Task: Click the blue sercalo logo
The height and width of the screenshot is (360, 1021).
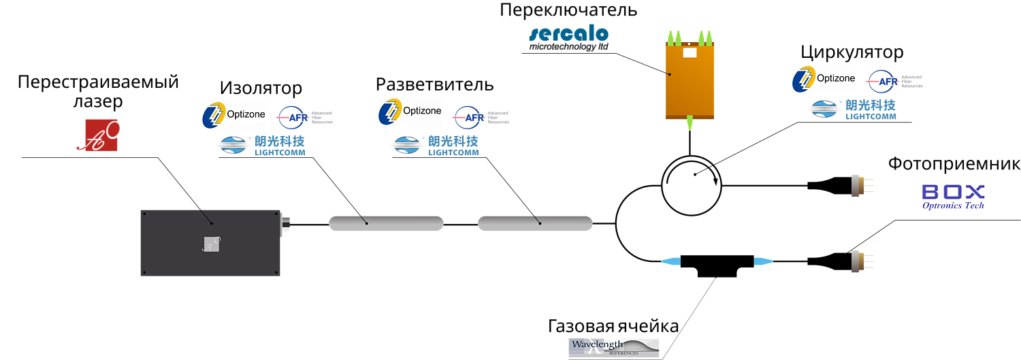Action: pyautogui.click(x=568, y=34)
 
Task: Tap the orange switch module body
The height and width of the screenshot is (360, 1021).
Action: pyautogui.click(x=690, y=85)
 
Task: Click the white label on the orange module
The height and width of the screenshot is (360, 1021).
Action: pyautogui.click(x=690, y=52)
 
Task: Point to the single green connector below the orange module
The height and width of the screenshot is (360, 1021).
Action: pyautogui.click(x=690, y=122)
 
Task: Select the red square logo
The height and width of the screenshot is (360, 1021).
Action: pyautogui.click(x=97, y=135)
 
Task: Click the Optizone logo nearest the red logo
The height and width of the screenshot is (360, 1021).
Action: pyautogui.click(x=239, y=116)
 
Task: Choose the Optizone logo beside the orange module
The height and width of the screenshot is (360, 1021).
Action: pyautogui.click(x=828, y=80)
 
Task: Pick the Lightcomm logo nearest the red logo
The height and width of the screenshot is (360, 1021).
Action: pyautogui.click(x=260, y=146)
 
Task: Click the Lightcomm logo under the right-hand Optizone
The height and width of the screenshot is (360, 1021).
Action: pyautogui.click(x=851, y=110)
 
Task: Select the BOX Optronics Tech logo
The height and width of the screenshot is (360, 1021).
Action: pyautogui.click(x=954, y=197)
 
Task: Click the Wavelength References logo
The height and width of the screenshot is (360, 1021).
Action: pyautogui.click(x=614, y=348)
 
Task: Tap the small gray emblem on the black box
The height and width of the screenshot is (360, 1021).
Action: pyautogui.click(x=212, y=244)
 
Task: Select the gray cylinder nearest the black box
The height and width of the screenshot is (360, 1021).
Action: pyautogui.click(x=386, y=223)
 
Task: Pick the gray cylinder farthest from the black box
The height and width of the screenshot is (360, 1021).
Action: pyautogui.click(x=535, y=223)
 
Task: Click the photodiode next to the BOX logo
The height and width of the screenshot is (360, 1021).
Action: pyautogui.click(x=861, y=186)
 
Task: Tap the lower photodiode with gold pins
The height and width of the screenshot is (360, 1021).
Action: pyautogui.click(x=861, y=261)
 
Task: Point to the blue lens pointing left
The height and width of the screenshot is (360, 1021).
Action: pyautogui.click(x=671, y=261)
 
